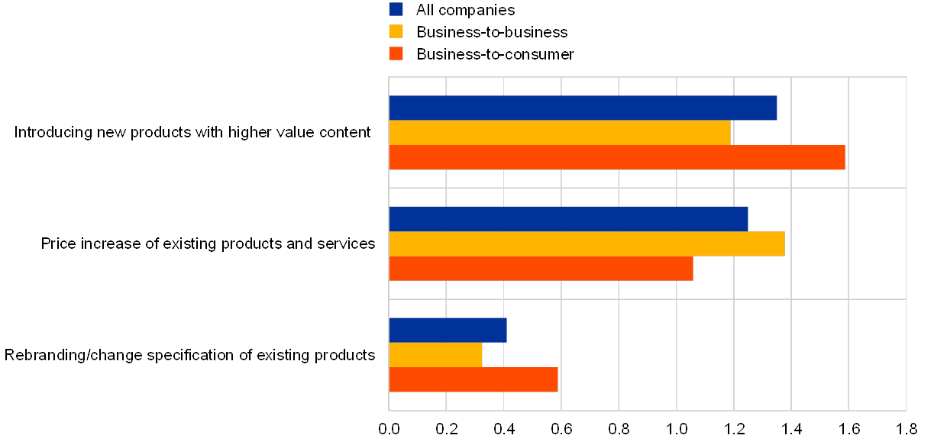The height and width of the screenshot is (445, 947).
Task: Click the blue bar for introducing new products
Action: point(583,108)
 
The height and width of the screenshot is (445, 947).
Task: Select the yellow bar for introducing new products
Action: point(560,133)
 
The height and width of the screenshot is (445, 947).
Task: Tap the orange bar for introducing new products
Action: point(617,157)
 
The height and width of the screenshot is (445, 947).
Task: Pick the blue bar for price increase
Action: point(568,219)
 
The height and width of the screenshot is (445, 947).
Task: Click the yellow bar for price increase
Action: point(587,243)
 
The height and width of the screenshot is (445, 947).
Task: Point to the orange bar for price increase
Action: point(541,269)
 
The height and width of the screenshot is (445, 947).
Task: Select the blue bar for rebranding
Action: point(448,331)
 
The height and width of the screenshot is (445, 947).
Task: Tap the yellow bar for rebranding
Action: point(435,355)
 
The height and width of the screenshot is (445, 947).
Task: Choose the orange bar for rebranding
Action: point(473,380)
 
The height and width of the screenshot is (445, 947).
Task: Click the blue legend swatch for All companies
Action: point(396,9)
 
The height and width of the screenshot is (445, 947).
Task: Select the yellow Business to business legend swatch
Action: point(396,31)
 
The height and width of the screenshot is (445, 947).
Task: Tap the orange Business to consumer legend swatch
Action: point(396,53)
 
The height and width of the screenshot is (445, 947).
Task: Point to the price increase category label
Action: point(210,244)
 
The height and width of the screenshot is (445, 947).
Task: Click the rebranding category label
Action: point(191,355)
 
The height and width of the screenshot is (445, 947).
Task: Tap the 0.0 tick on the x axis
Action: point(389,428)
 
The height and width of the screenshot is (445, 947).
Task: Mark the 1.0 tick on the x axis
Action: point(677,428)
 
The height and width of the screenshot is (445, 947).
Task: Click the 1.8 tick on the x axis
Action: point(906,428)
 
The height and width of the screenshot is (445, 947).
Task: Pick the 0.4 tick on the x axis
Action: point(504,428)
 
